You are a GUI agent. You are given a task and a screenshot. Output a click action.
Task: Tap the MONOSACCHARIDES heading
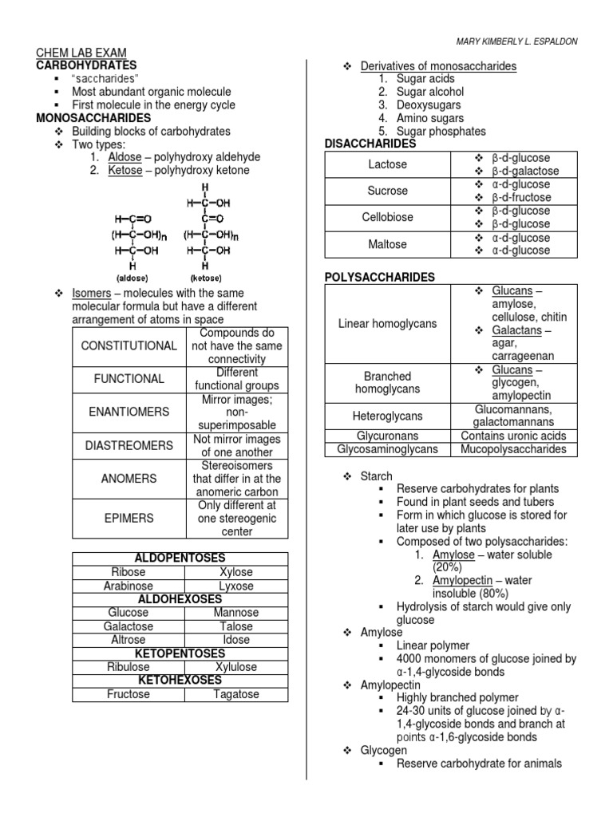tap(93, 118)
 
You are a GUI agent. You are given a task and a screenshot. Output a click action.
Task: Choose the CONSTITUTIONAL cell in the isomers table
tap(129, 346)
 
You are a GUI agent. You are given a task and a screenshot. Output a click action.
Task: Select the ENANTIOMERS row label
tap(129, 412)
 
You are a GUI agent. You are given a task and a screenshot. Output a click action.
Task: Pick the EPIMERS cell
tap(129, 519)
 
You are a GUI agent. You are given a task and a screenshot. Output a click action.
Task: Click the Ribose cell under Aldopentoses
tap(129, 572)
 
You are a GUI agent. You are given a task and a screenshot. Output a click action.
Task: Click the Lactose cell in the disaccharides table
tap(387, 164)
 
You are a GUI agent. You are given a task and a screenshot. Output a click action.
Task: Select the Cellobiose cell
tap(387, 217)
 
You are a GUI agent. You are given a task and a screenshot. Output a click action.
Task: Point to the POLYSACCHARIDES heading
tap(379, 277)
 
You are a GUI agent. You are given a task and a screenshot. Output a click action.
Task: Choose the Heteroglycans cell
tap(387, 416)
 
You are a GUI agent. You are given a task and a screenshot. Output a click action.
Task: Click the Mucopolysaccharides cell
tap(513, 449)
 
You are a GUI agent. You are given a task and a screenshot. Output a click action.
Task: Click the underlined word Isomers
tap(91, 294)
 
